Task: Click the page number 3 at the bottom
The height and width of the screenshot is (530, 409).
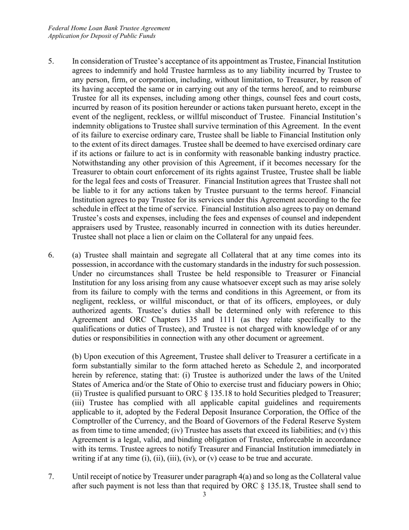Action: pos(204,494)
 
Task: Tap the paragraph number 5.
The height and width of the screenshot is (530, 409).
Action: pos(51,61)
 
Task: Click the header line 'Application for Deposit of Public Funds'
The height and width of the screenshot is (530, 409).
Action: pos(102,36)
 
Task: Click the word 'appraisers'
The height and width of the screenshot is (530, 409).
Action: pos(89,228)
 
